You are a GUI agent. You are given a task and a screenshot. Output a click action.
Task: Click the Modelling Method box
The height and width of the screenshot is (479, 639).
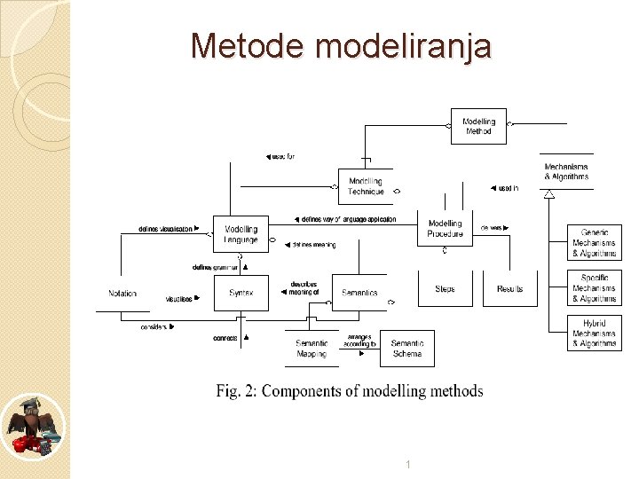pyautogui.click(x=478, y=126)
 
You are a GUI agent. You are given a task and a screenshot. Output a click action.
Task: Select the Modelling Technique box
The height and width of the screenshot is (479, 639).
pyautogui.click(x=366, y=186)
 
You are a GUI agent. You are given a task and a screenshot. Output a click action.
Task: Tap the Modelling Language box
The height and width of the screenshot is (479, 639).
pyautogui.click(x=241, y=234)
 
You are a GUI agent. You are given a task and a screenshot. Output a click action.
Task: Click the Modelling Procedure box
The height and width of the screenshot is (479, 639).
pyautogui.click(x=445, y=229)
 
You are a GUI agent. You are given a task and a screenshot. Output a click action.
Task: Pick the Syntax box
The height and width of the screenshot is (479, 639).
pyautogui.click(x=241, y=293)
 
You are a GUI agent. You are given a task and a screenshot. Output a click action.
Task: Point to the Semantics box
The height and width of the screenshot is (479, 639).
pyautogui.click(x=359, y=293)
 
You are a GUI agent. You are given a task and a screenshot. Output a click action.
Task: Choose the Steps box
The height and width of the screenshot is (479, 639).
pyautogui.click(x=445, y=289)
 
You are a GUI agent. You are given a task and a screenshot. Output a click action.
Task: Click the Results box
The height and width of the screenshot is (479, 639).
pyautogui.click(x=509, y=289)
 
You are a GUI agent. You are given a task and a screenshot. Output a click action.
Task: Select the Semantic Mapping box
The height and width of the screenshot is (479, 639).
pyautogui.click(x=312, y=349)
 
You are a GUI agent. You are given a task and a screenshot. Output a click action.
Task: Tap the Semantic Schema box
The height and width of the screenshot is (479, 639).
pyautogui.click(x=407, y=349)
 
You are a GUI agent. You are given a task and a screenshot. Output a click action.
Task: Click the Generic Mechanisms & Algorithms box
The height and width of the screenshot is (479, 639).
pyautogui.click(x=594, y=243)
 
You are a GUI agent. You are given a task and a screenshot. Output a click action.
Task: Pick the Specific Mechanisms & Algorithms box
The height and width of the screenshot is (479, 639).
pyautogui.click(x=594, y=288)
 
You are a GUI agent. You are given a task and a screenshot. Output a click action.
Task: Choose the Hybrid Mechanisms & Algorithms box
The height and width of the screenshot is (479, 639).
pyautogui.click(x=594, y=334)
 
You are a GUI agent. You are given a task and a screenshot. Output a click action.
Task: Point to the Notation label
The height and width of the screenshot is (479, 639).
pyautogui.click(x=122, y=294)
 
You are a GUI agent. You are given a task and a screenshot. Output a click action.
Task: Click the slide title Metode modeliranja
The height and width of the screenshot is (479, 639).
pyautogui.click(x=341, y=45)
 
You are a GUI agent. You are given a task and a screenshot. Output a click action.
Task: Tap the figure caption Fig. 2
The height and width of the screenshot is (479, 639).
pyautogui.click(x=350, y=391)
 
